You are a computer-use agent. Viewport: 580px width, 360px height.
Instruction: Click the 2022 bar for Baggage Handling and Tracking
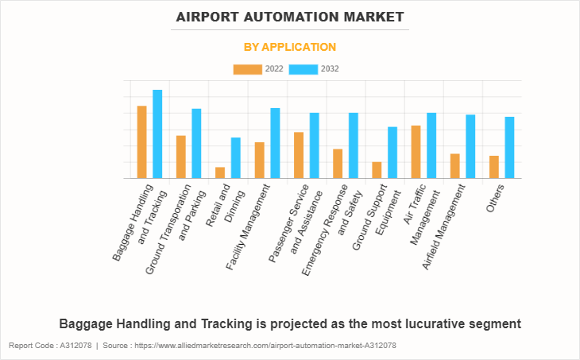pyautogui.click(x=141, y=142)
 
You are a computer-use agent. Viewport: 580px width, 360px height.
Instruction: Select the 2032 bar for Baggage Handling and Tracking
pyautogui.click(x=157, y=134)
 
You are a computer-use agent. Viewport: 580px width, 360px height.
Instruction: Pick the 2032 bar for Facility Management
pyautogui.click(x=275, y=143)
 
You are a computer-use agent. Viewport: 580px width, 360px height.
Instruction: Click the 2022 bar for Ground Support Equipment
pyautogui.click(x=377, y=170)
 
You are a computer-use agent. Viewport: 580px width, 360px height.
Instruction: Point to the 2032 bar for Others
pyautogui.click(x=509, y=148)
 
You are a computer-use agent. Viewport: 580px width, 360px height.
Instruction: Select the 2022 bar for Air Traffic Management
pyautogui.click(x=416, y=152)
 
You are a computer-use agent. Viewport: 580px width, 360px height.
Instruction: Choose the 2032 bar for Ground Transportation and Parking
pyautogui.click(x=196, y=144)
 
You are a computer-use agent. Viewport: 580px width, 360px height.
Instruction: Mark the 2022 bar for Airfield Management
pyautogui.click(x=454, y=166)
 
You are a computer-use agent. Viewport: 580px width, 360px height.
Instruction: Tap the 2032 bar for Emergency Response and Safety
pyautogui.click(x=354, y=145)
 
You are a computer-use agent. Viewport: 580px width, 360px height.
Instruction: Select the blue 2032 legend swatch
pyautogui.click(x=303, y=69)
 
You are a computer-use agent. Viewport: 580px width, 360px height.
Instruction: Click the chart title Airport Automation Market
pyautogui.click(x=290, y=17)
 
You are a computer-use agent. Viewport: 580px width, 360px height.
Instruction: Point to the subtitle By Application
pyautogui.click(x=290, y=47)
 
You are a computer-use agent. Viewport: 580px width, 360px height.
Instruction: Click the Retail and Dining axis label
pyautogui.click(x=218, y=208)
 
